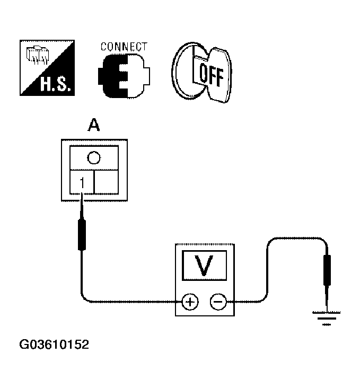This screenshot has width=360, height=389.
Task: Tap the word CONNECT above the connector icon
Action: click(124, 47)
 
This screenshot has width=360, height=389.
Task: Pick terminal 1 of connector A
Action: click(82, 183)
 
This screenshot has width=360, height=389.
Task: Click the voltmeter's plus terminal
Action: click(190, 302)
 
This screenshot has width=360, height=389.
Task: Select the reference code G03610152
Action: click(54, 345)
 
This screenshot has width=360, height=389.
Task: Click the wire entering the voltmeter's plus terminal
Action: click(133, 302)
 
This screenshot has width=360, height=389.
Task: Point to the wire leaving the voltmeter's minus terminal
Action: click(249, 302)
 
